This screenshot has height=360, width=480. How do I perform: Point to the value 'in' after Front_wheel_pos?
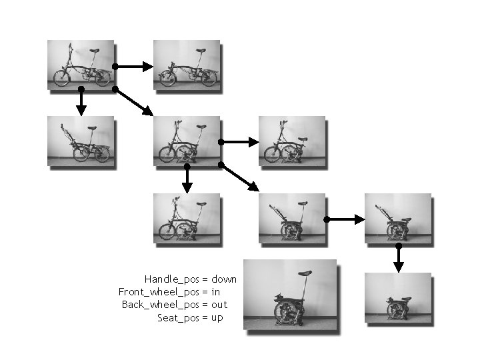click(215, 292)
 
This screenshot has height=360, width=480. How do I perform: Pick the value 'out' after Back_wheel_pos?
click(219, 305)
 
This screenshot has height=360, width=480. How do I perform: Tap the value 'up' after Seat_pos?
click(217, 318)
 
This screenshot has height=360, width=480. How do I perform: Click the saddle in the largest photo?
click(306, 272)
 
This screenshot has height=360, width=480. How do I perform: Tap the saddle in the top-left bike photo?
click(94, 50)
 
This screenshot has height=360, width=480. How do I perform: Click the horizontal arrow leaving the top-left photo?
click(133, 66)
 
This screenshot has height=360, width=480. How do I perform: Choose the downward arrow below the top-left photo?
click(81, 100)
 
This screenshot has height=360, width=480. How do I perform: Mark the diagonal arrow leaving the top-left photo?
click(133, 101)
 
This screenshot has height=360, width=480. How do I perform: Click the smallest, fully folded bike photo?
click(398, 299)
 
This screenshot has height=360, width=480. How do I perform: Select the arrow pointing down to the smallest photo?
click(399, 258)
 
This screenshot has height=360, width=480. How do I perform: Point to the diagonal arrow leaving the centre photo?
click(239, 177)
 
